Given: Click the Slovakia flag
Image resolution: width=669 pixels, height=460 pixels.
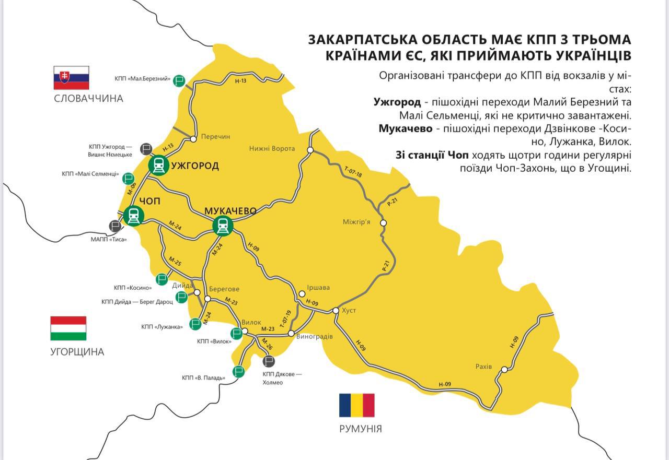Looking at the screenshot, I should [71, 77].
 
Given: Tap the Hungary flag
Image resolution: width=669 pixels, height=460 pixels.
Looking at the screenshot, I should [68, 328].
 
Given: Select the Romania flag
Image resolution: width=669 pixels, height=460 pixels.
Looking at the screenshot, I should [357, 405].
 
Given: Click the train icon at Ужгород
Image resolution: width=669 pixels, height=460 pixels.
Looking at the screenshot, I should [158, 165].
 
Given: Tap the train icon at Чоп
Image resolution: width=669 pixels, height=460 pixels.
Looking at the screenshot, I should [134, 215].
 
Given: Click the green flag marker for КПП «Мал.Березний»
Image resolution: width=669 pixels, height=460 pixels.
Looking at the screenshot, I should [180, 79].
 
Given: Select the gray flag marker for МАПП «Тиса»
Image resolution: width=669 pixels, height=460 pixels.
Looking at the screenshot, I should [115, 226].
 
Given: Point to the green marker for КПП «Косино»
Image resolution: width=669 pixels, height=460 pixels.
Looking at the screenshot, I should [162, 279].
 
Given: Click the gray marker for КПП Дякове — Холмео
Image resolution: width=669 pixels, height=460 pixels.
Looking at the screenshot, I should [269, 361].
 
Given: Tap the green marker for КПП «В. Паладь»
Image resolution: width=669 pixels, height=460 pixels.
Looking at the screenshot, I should [239, 371].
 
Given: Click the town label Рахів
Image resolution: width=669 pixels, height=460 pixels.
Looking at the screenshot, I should [484, 367].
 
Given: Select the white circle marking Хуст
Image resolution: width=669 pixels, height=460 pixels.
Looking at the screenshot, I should [336, 311].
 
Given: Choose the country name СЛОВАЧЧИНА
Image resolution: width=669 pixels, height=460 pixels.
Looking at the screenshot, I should [89, 99].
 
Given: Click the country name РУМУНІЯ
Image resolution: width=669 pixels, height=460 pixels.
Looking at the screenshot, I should [361, 429].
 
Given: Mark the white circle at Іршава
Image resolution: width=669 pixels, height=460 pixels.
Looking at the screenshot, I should [302, 293].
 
